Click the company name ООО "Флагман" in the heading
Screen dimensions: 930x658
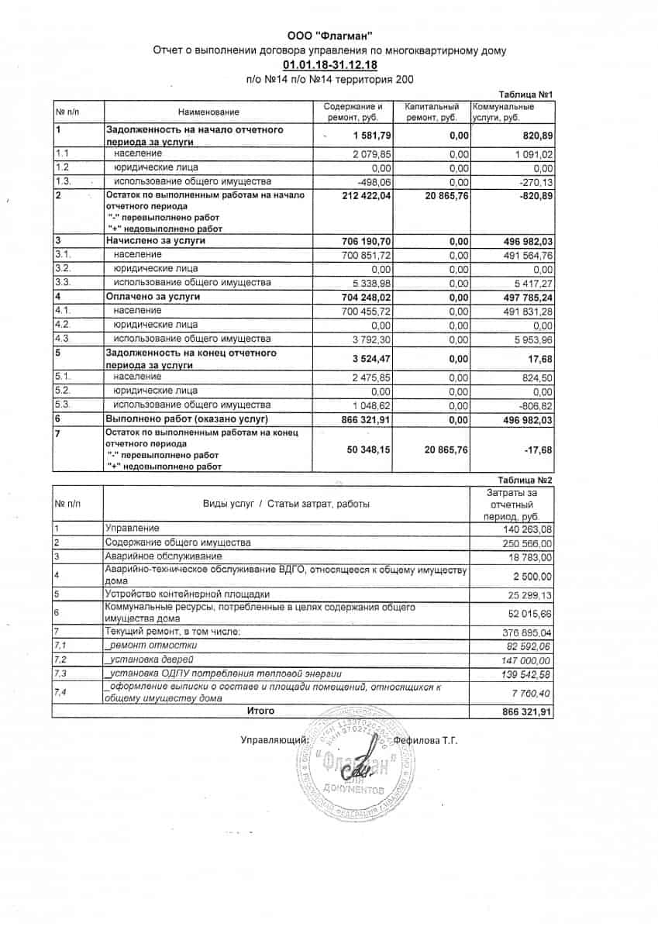point(329,35)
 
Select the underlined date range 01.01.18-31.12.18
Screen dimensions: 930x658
point(329,65)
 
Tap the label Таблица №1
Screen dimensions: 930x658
point(526,92)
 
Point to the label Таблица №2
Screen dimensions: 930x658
point(525,480)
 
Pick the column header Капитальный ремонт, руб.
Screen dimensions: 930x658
point(432,112)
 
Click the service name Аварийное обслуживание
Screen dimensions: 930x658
point(164,556)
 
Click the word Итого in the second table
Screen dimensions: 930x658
point(260,711)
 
